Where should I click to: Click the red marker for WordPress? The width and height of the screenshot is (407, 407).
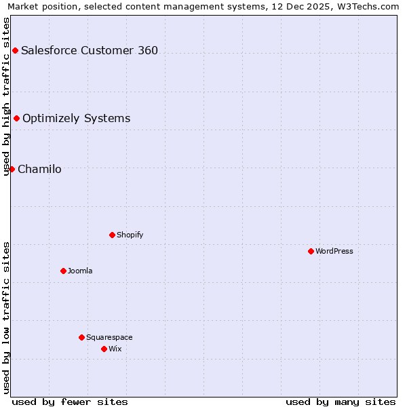[x=311, y=251]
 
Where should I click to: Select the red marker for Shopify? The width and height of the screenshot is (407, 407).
[x=112, y=235]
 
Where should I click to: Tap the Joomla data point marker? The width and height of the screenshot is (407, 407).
[x=63, y=271]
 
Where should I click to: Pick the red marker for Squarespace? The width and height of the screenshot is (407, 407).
[x=81, y=337]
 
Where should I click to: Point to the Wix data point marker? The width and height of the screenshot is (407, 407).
[x=104, y=349]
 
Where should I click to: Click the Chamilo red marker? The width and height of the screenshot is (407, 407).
[x=12, y=169]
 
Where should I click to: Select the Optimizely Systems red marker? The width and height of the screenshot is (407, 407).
[x=16, y=118]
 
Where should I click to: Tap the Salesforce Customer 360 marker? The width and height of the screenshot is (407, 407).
[x=15, y=50]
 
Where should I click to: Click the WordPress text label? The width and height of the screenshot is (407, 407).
[x=334, y=251]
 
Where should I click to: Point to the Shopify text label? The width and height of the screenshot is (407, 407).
[x=130, y=235]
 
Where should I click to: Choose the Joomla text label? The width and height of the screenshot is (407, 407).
[x=80, y=271]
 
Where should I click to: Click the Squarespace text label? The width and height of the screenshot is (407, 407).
[x=109, y=337]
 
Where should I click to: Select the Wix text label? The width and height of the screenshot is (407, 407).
[x=115, y=349]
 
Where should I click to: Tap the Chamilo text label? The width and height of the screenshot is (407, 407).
[x=39, y=169]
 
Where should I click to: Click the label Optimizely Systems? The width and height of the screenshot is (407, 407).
[x=76, y=118]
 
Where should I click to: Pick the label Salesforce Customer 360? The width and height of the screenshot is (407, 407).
[x=90, y=50]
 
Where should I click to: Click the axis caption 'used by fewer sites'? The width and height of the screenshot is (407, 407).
[x=70, y=402]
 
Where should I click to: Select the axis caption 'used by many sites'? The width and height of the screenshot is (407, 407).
[x=341, y=402]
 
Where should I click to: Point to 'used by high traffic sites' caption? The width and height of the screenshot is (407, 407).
[x=6, y=96]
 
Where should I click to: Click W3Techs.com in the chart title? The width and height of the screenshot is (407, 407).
[x=364, y=6]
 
